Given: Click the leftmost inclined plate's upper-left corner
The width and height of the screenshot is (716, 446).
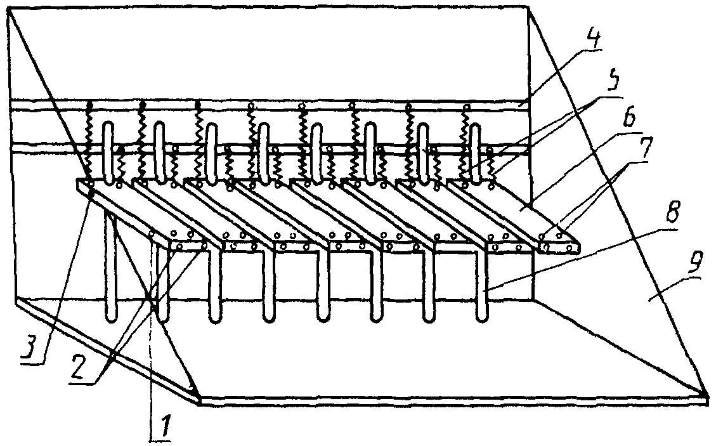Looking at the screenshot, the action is click(x=77, y=181).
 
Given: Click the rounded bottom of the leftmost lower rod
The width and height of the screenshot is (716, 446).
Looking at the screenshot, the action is click(x=112, y=318).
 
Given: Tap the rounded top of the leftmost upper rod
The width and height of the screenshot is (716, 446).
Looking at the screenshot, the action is click(x=107, y=124).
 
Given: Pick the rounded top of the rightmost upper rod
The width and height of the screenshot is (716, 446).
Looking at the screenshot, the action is click(x=476, y=127).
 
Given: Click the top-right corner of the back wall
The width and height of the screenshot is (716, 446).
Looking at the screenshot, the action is click(x=528, y=7).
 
